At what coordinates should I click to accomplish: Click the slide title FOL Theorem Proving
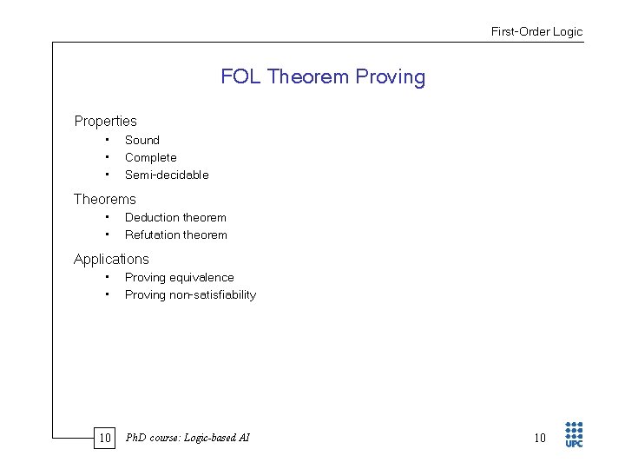(x=323, y=77)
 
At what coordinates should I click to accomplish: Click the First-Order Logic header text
(x=536, y=32)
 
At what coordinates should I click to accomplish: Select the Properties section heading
(x=105, y=122)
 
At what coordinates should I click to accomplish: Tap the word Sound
(x=142, y=140)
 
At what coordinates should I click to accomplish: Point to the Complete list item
(x=150, y=157)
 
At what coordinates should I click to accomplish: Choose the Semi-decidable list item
(x=167, y=175)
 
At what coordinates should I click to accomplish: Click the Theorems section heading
(x=105, y=200)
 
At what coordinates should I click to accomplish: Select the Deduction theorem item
(x=175, y=217)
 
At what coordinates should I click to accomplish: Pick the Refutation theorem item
(x=175, y=234)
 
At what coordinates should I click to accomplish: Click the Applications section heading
(x=111, y=260)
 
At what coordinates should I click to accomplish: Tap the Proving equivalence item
(x=179, y=277)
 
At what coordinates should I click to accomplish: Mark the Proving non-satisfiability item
(x=190, y=294)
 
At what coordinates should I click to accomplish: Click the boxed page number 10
(x=105, y=438)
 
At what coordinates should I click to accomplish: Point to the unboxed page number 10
(x=540, y=438)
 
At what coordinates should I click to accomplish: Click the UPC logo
(x=574, y=434)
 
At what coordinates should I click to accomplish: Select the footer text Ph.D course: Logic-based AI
(x=187, y=438)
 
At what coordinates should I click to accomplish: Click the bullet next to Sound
(x=106, y=140)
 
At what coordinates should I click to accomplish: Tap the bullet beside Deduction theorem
(x=106, y=217)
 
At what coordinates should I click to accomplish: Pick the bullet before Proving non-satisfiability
(x=106, y=294)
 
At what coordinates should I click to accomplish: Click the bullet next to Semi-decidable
(x=106, y=175)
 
